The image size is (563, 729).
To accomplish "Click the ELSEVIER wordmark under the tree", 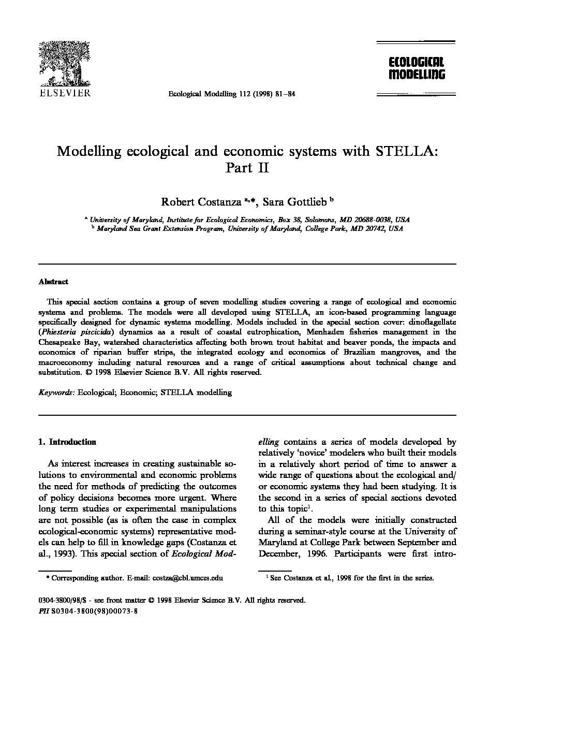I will [65, 93].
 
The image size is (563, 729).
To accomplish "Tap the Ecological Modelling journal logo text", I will [417, 68].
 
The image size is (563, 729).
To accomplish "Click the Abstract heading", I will [53, 282].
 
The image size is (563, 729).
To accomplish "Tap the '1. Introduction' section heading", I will [67, 442].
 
